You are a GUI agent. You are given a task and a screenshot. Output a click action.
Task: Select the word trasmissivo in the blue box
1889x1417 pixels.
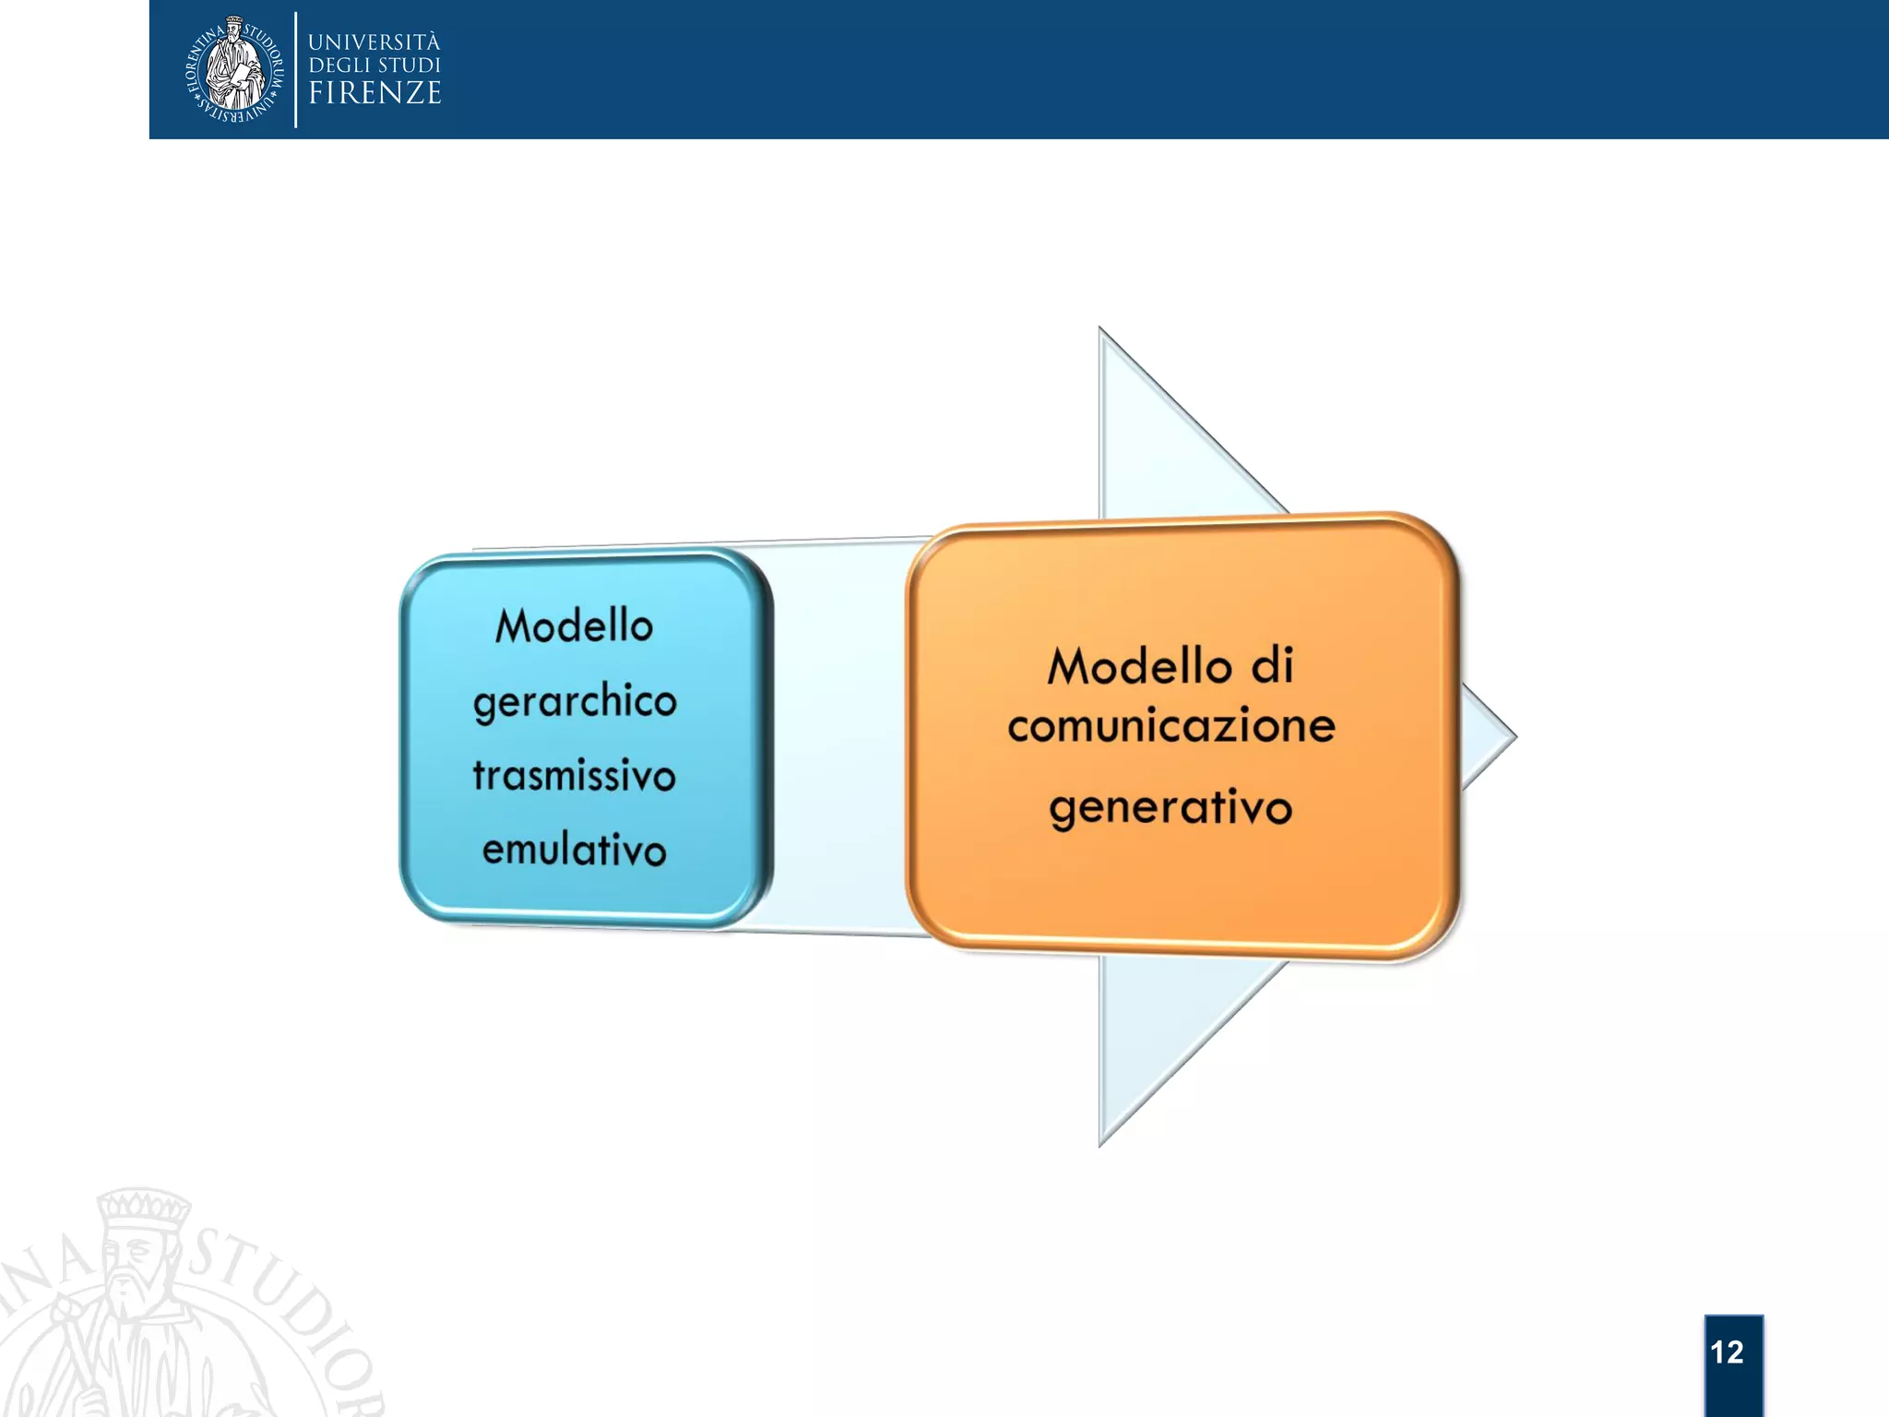pyautogui.click(x=575, y=776)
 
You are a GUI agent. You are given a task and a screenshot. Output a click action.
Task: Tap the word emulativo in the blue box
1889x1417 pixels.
pyautogui.click(x=574, y=850)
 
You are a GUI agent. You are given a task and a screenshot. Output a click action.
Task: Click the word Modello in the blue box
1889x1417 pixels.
pyautogui.click(x=574, y=626)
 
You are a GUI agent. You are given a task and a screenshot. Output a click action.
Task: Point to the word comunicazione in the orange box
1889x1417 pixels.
pyautogui.click(x=1171, y=726)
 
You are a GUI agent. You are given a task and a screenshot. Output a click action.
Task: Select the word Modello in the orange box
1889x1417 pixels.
pyautogui.click(x=1139, y=666)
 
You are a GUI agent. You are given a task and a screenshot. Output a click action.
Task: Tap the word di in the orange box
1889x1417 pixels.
pyautogui.click(x=1273, y=666)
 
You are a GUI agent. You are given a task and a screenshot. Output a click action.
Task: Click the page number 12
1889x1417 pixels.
pyautogui.click(x=1727, y=1352)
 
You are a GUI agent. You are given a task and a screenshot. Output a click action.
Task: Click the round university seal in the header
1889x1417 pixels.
pyautogui.click(x=234, y=69)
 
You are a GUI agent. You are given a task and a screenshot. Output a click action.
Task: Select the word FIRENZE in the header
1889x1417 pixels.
pyautogui.click(x=374, y=93)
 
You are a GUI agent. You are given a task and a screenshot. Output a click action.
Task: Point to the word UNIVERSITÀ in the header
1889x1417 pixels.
pyautogui.click(x=374, y=42)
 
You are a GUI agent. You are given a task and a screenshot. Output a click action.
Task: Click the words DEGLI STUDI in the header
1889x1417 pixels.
pyautogui.click(x=374, y=65)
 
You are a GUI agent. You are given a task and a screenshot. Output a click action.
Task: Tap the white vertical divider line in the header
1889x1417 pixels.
pyautogui.click(x=296, y=69)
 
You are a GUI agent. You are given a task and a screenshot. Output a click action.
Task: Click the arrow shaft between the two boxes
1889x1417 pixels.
pyautogui.click(x=839, y=738)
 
